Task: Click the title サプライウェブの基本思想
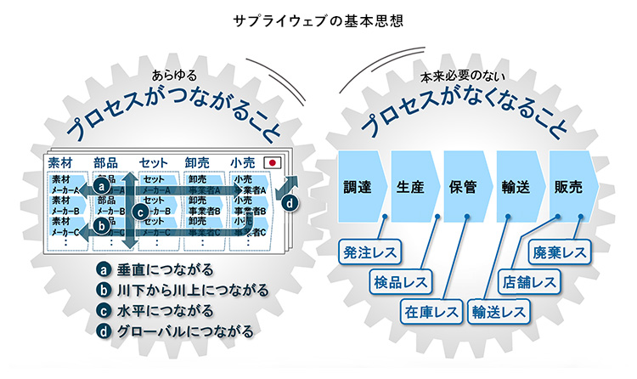click(x=318, y=18)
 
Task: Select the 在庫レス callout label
click(x=431, y=311)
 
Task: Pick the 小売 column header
click(x=244, y=161)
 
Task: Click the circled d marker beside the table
click(x=290, y=203)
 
